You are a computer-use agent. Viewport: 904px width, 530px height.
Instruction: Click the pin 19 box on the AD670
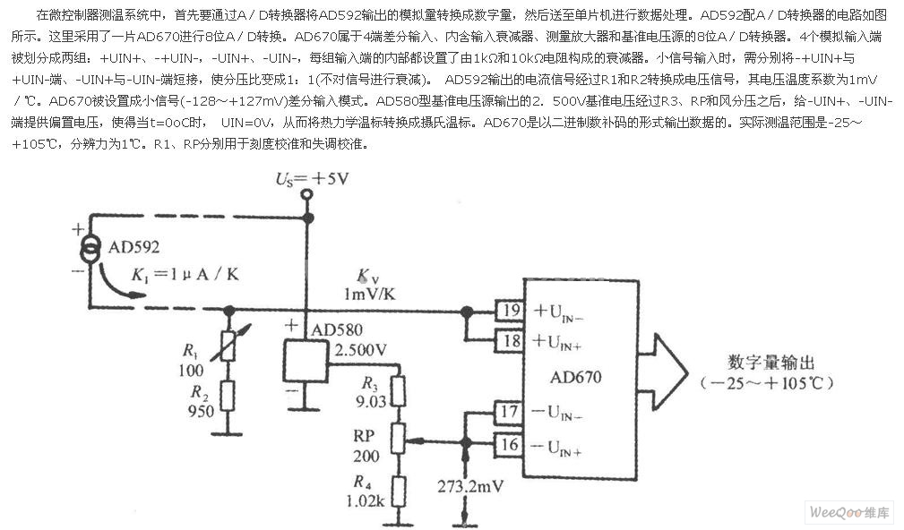pyautogui.click(x=510, y=311)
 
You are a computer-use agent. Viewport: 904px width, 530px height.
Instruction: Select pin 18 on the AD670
pyautogui.click(x=510, y=340)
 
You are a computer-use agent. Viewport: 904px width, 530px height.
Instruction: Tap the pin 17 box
pyautogui.click(x=510, y=412)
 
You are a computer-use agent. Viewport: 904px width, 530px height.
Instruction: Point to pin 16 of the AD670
pyautogui.click(x=510, y=445)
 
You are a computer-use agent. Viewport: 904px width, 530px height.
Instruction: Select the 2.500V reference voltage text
pyautogui.click(x=360, y=350)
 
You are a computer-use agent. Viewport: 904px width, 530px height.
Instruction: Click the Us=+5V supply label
pyautogui.click(x=312, y=179)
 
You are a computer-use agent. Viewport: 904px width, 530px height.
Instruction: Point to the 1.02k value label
pyautogui.click(x=366, y=500)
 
